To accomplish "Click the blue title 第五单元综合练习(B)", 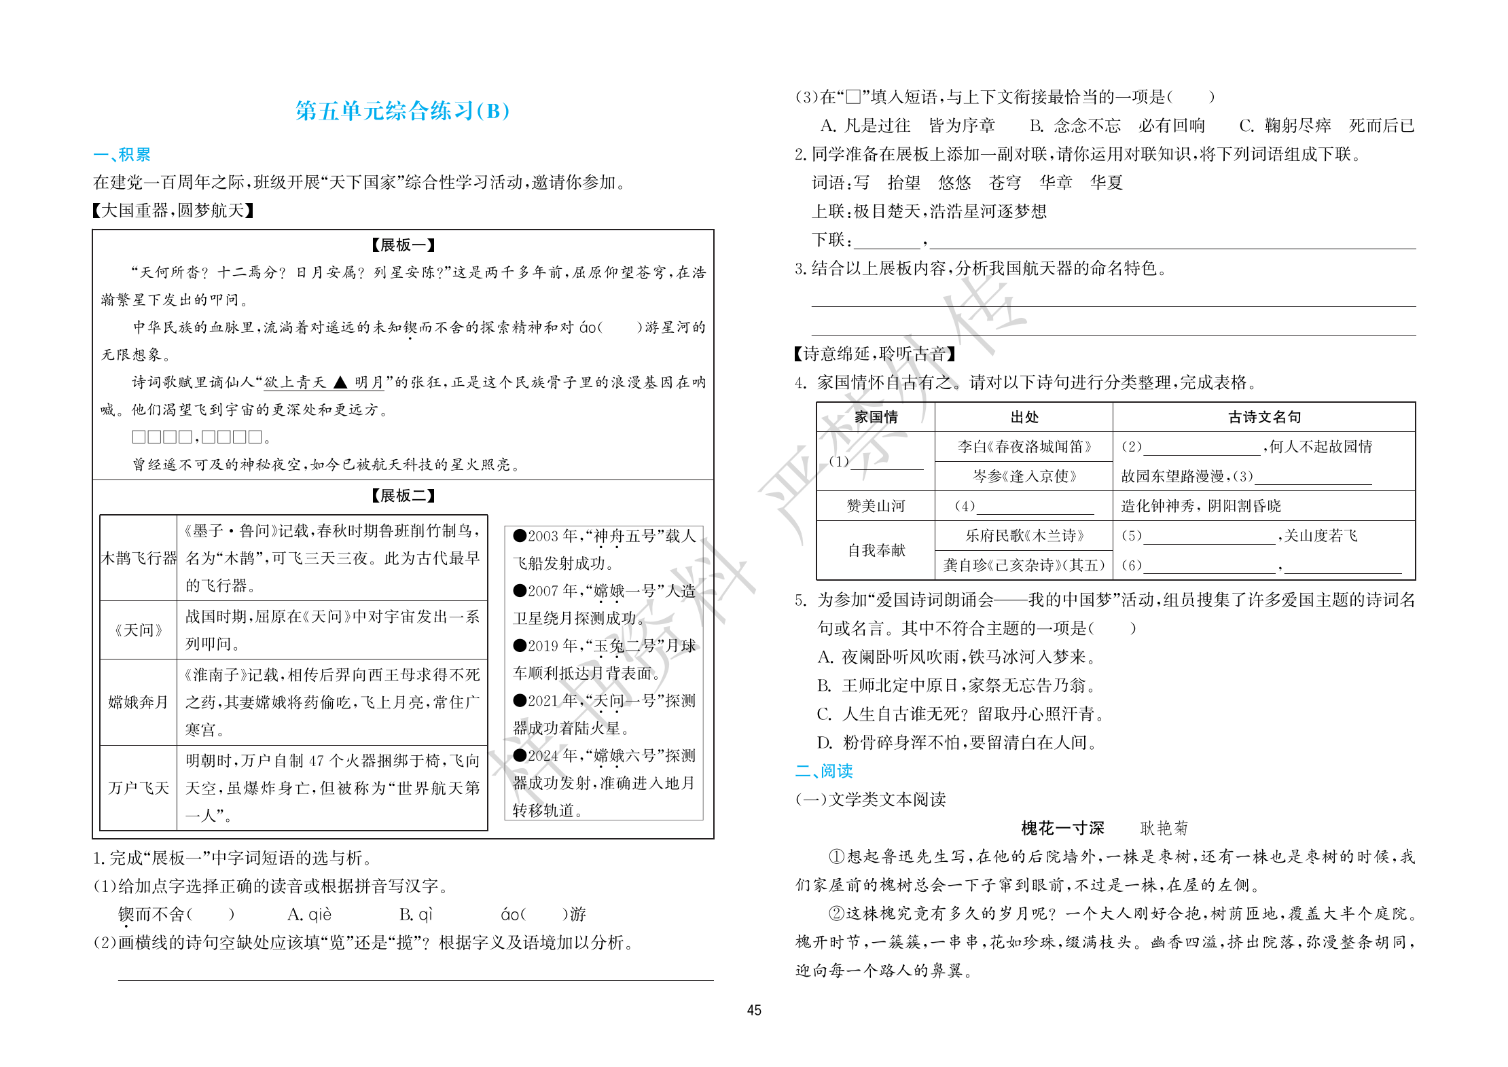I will [402, 111].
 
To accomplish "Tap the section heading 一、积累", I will [122, 154].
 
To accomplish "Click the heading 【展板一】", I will [403, 245].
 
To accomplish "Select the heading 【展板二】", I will [403, 496].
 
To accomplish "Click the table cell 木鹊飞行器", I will [139, 558].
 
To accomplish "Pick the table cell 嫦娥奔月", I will [138, 702].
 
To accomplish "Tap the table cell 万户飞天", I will [138, 788].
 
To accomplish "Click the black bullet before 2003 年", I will [520, 536].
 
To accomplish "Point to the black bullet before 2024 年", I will [520, 755].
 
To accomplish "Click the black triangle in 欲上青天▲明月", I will [340, 382].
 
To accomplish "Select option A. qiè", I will [309, 914].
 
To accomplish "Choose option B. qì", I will [416, 914].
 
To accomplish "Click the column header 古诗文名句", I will [1263, 417].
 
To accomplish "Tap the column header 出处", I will [1024, 417].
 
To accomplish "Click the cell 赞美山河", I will [876, 506].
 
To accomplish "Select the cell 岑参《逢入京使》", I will [1024, 476].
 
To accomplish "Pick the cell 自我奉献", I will [876, 550].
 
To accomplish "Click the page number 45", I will [754, 1010].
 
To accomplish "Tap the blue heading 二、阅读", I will [823, 771].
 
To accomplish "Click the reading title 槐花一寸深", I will [1062, 828].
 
